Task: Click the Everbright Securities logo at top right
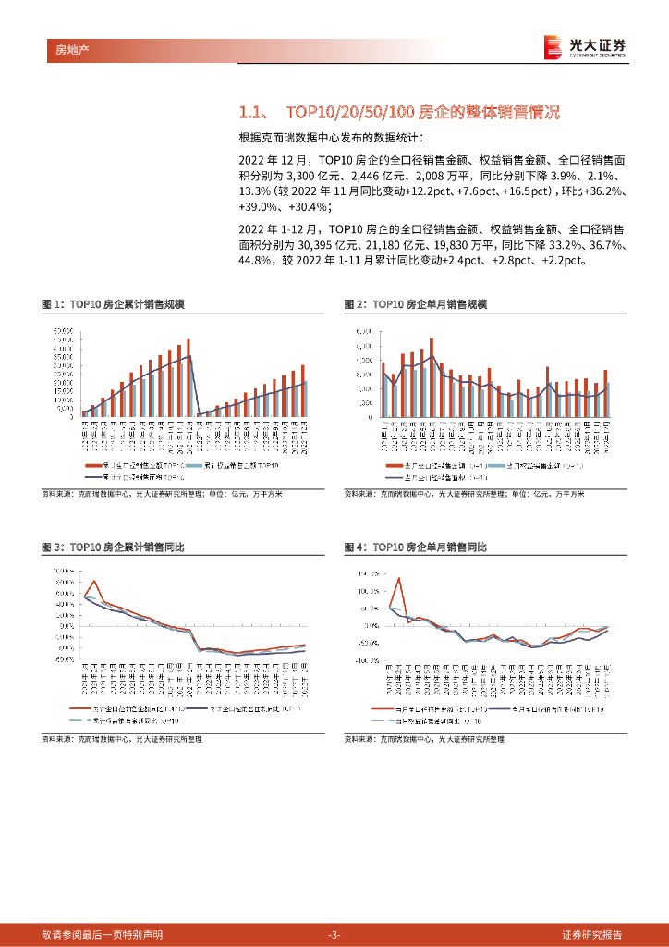tap(584, 46)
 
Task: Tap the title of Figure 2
tap(415, 304)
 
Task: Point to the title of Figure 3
tap(114, 547)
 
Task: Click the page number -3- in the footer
tap(334, 935)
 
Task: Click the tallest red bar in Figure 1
tap(188, 377)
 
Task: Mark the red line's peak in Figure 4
tap(399, 578)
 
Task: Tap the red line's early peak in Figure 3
tap(94, 581)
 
